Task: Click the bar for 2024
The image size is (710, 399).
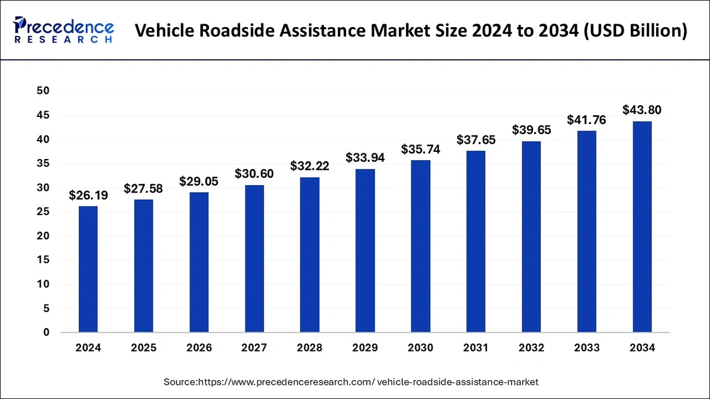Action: (x=88, y=269)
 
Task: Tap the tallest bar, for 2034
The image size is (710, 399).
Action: (x=642, y=227)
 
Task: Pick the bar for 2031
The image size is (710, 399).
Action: (x=476, y=242)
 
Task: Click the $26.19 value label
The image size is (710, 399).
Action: (x=88, y=195)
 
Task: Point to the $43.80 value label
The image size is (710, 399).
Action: (x=642, y=110)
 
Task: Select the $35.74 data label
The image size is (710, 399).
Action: (x=421, y=149)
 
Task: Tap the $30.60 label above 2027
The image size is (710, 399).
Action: (x=254, y=174)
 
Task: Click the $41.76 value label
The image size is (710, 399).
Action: (x=586, y=120)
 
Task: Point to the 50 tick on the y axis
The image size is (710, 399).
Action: (x=43, y=91)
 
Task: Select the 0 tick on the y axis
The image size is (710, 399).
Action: (x=46, y=333)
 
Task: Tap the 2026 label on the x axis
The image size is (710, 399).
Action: (x=199, y=348)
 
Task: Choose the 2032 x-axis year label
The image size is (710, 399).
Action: (x=531, y=348)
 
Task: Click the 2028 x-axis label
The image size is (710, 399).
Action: (x=309, y=348)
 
